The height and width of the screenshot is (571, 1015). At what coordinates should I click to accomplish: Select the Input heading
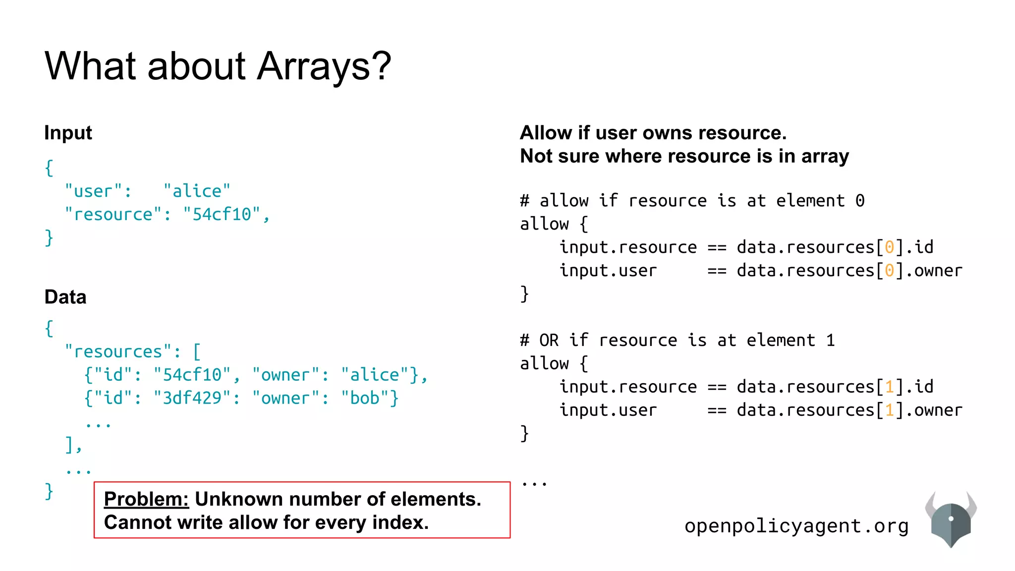(x=68, y=133)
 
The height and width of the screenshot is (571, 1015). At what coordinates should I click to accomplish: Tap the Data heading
(x=65, y=297)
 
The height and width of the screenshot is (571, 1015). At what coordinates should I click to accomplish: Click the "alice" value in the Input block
(x=197, y=191)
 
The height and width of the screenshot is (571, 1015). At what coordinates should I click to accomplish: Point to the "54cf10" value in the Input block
(x=222, y=214)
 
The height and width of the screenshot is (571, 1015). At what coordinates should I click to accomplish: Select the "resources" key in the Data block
(x=118, y=351)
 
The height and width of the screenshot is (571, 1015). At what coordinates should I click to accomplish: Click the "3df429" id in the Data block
(x=192, y=398)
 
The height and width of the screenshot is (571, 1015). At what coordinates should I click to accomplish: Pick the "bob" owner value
(x=365, y=398)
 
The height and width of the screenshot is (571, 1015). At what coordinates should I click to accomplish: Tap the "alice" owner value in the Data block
(x=375, y=375)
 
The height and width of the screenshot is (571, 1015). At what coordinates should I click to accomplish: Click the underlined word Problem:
(x=146, y=499)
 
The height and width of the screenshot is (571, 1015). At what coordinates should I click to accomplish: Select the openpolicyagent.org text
(x=796, y=526)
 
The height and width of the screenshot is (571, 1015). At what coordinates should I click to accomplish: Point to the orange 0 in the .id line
(x=890, y=247)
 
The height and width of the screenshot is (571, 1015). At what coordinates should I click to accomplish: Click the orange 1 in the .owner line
(x=890, y=410)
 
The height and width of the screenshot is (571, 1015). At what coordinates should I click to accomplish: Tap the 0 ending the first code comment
(x=860, y=201)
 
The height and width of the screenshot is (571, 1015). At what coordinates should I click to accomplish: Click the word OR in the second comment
(x=549, y=341)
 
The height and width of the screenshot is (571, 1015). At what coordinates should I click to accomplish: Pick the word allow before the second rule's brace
(x=544, y=364)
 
